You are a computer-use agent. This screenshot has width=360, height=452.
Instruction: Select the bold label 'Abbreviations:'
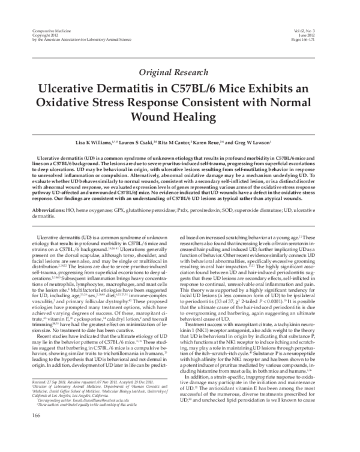point(49,211)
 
